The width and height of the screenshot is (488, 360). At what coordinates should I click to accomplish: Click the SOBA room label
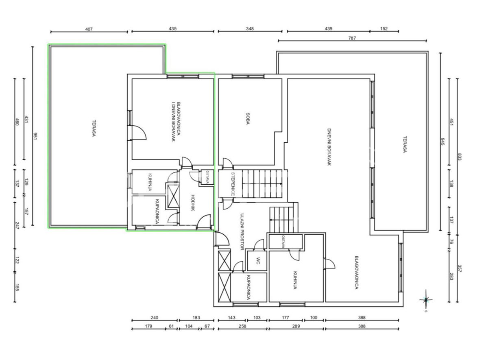coord(248,119)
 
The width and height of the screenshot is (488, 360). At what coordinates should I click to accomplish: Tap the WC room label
coord(258,261)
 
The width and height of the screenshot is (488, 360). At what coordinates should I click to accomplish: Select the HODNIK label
coord(193,203)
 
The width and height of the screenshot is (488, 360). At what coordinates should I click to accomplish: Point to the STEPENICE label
coord(233,184)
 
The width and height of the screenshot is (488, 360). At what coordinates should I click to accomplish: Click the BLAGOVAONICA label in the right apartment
coord(357,273)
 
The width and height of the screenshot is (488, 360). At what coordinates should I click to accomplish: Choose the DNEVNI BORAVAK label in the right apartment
coord(329,147)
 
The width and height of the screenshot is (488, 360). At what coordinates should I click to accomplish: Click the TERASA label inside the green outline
coord(94,129)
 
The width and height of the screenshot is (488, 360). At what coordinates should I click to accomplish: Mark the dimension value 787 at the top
coord(352,38)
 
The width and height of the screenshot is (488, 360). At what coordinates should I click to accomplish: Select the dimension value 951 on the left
coord(35,136)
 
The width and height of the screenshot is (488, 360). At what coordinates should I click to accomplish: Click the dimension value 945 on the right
coord(443,142)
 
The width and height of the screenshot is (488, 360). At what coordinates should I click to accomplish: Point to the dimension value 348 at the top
coord(250,28)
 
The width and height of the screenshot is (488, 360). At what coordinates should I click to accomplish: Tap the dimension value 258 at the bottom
coord(242,326)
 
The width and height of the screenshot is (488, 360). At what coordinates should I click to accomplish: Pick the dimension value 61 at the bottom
coord(172,326)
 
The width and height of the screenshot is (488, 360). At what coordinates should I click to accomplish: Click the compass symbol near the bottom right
coord(426,300)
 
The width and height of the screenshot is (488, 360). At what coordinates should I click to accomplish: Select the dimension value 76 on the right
coord(451,242)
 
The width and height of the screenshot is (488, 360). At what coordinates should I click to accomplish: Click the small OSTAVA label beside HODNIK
coord(207,177)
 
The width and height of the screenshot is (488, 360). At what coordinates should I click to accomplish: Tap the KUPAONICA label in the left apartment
coord(157,212)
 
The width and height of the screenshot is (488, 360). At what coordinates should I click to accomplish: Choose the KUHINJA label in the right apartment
coord(295,280)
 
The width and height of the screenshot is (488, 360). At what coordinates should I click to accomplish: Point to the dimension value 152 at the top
coord(384,28)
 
